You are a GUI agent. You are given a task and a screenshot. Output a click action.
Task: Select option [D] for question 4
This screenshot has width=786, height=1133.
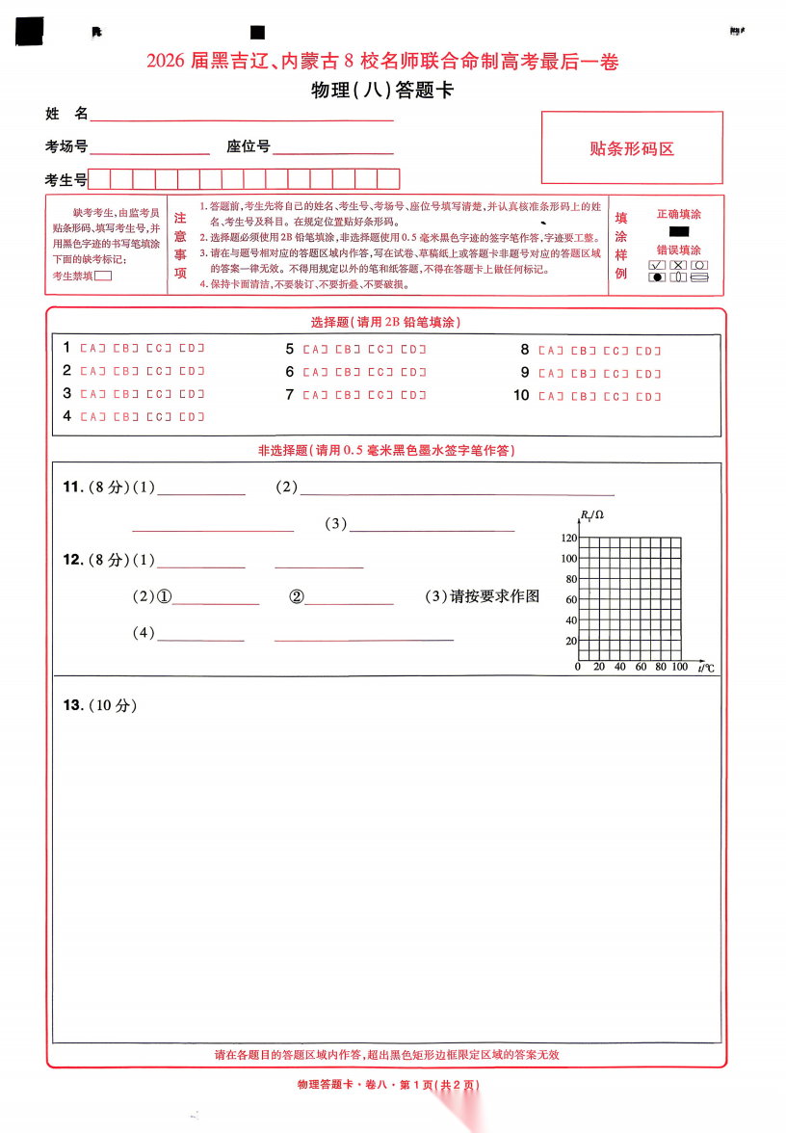click(x=192, y=417)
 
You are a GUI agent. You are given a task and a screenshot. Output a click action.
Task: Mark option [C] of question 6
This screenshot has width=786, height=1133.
click(x=380, y=372)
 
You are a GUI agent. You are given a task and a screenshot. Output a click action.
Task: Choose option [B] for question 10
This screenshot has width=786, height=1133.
click(x=584, y=396)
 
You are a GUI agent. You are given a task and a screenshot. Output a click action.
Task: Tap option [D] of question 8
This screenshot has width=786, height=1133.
click(x=648, y=351)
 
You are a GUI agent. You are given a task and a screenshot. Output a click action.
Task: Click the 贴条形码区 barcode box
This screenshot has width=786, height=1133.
click(x=631, y=148)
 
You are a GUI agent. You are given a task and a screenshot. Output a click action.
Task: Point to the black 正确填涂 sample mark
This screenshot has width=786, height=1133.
click(x=678, y=232)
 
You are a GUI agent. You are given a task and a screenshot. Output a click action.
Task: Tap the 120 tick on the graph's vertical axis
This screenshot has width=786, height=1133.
click(x=568, y=538)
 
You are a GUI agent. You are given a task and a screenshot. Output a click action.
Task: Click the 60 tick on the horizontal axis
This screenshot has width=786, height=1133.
click(x=640, y=667)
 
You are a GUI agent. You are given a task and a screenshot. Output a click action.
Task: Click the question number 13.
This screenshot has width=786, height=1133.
click(x=72, y=705)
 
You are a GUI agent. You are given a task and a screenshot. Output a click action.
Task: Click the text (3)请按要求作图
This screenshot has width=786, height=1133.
click(x=482, y=596)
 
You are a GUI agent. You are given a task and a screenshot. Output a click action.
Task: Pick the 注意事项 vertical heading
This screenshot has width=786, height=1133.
click(x=180, y=246)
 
